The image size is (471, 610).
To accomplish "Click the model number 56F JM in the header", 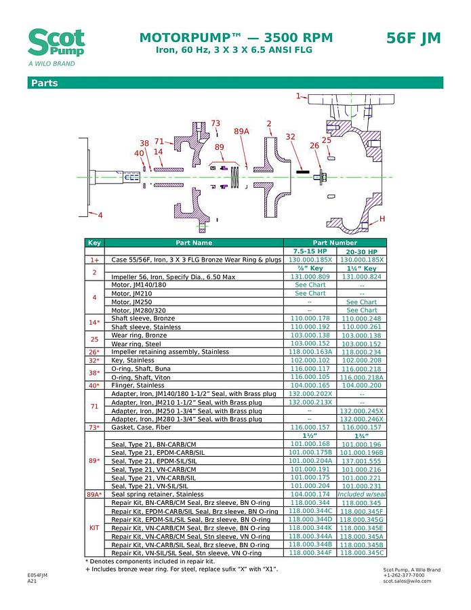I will (x=413, y=39).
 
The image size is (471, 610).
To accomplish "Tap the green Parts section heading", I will (x=43, y=83).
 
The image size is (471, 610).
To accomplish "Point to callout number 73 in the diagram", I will (x=216, y=123).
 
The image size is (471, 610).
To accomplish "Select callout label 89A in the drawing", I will (x=241, y=131).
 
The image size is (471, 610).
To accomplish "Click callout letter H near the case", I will (x=382, y=218).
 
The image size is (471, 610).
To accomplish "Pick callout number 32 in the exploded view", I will (x=290, y=136).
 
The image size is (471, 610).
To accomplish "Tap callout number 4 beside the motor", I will (x=100, y=216).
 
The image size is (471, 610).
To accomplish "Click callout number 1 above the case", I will (x=298, y=96).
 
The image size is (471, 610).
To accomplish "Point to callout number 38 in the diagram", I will (x=144, y=143).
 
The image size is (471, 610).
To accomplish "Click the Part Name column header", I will (x=194, y=243).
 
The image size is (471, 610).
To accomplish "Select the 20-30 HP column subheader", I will (x=361, y=251).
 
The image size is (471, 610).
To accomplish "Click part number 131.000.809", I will (x=310, y=277).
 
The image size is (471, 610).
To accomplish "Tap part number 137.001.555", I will (x=361, y=461).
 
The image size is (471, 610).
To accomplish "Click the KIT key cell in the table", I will (x=94, y=527).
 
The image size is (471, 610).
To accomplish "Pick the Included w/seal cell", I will (x=361, y=494).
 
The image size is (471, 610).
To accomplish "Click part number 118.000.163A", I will (x=310, y=352).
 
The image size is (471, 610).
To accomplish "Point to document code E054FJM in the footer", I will (x=37, y=575).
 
